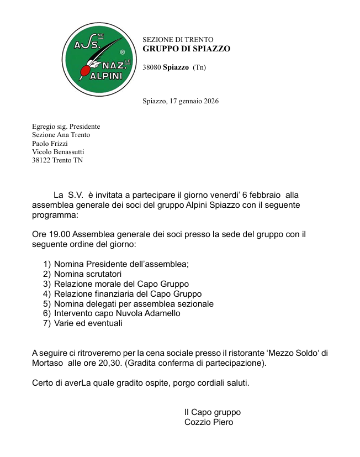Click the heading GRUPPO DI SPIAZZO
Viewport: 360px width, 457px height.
click(x=186, y=49)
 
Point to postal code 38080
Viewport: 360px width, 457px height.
click(x=151, y=67)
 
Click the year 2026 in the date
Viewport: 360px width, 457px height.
click(x=210, y=101)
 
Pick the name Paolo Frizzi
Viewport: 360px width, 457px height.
click(x=50, y=143)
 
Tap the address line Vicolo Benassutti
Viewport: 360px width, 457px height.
click(x=58, y=151)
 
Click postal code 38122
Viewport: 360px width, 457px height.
click(x=42, y=160)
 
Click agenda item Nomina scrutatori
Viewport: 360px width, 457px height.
click(x=88, y=274)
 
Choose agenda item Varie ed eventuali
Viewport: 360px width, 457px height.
click(x=88, y=323)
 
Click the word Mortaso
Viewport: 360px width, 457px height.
click(x=47, y=363)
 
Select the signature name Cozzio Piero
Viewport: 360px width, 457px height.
click(x=209, y=422)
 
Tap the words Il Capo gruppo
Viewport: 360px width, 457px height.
click(x=213, y=412)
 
